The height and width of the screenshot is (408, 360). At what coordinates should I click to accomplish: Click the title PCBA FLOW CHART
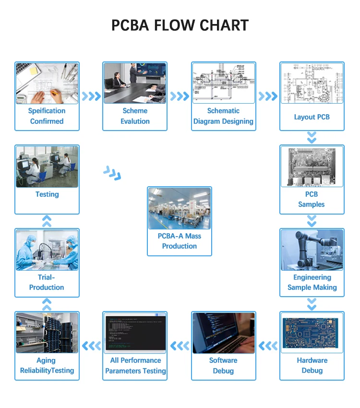pos(180,25)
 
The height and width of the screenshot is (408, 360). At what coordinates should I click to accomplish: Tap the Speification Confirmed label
pos(47,116)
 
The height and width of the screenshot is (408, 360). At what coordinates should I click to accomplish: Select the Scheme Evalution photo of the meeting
pos(135,83)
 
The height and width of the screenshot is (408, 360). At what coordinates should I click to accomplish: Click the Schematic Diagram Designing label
pos(223,116)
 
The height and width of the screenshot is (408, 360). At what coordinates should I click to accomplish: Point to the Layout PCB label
pos(312,117)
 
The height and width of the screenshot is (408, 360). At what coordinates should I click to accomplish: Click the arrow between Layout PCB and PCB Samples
pos(312,138)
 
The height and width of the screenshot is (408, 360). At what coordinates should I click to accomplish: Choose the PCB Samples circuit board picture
pos(312,166)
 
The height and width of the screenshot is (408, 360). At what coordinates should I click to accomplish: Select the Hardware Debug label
pos(312,365)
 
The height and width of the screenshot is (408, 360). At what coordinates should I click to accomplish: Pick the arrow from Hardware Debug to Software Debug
pos(268,345)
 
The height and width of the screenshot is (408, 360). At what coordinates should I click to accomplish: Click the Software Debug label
pos(223,365)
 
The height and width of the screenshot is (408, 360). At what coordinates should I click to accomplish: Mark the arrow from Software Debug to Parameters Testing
pos(180,345)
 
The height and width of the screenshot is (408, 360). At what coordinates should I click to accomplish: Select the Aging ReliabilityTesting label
pos(47,365)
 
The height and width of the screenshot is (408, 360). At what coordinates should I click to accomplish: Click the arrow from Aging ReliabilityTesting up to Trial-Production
pos(47,304)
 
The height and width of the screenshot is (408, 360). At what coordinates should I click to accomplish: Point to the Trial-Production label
pos(47,282)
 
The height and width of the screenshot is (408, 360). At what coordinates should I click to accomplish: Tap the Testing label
pos(47,194)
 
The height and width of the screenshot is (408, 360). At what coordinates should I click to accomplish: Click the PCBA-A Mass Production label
pos(179,241)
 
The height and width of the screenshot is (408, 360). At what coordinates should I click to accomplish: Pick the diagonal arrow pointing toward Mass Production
pos(112,173)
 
